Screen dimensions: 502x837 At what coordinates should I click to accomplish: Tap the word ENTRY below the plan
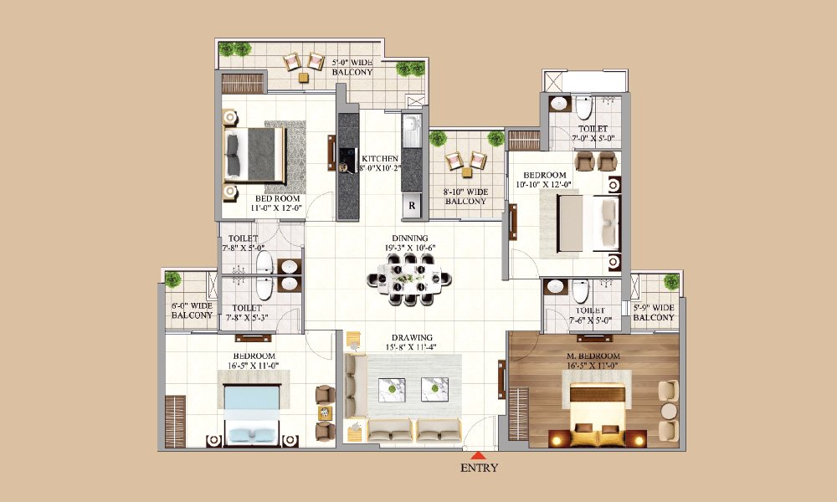tap(479, 468)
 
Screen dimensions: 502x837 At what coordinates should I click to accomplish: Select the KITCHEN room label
tap(379, 162)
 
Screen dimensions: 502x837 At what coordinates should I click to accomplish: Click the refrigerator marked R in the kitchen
tap(412, 202)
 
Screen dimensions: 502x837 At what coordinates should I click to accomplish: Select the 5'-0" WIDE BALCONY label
tap(352, 67)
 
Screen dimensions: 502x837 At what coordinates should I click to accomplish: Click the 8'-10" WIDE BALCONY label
tap(465, 197)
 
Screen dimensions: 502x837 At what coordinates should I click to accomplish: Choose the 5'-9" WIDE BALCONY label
tap(654, 312)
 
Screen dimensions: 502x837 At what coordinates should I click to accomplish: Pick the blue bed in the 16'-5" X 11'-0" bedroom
tap(250, 411)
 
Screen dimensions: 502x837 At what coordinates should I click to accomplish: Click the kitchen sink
tap(412, 131)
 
